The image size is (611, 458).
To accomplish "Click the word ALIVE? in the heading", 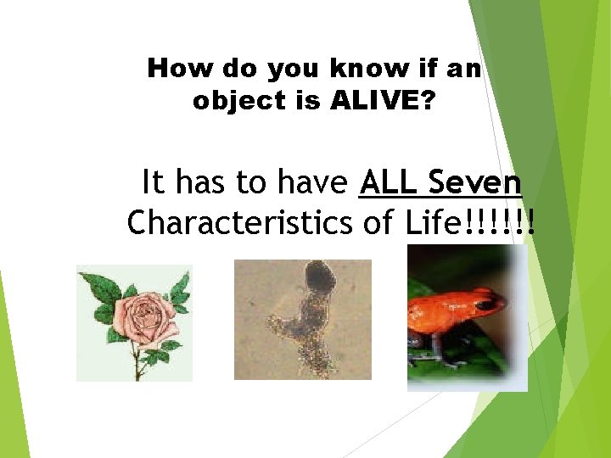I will pos(384,101).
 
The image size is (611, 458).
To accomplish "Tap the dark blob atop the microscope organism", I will pos(319,275).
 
